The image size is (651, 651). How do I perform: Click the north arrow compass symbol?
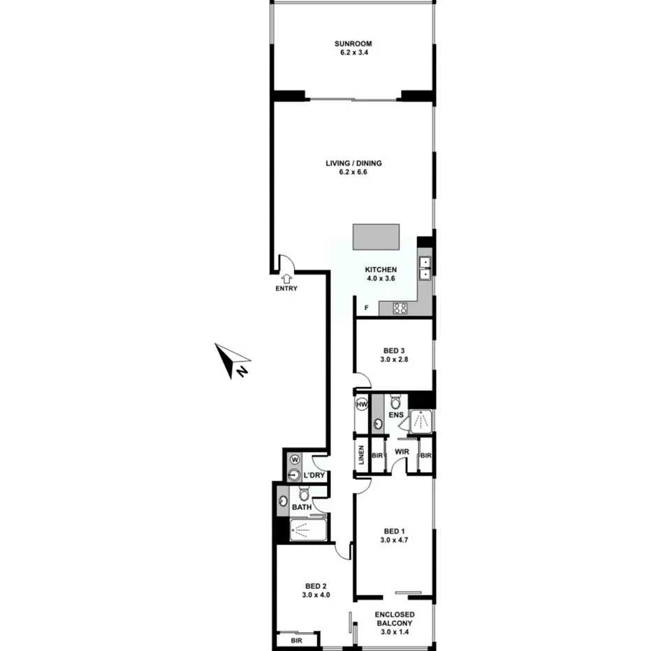(231, 360)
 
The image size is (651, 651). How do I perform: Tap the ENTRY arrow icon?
(286, 278)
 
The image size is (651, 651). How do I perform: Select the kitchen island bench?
(376, 236)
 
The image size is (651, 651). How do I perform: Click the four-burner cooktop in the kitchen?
(400, 308)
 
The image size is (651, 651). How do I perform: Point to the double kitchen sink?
(425, 268)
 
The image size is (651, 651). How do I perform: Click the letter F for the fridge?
(366, 308)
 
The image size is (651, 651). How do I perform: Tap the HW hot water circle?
(362, 405)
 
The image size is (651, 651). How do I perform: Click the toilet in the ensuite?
(395, 403)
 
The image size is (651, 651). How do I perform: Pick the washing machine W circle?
(294, 460)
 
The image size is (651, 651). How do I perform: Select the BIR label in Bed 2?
(297, 640)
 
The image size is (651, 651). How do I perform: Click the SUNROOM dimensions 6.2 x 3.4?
(353, 51)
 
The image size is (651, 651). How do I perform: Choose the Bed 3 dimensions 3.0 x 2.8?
(393, 360)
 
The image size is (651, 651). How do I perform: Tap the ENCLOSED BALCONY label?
(395, 619)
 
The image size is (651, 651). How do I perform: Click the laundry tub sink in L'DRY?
(295, 476)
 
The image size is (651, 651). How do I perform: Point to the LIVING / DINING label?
(353, 163)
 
